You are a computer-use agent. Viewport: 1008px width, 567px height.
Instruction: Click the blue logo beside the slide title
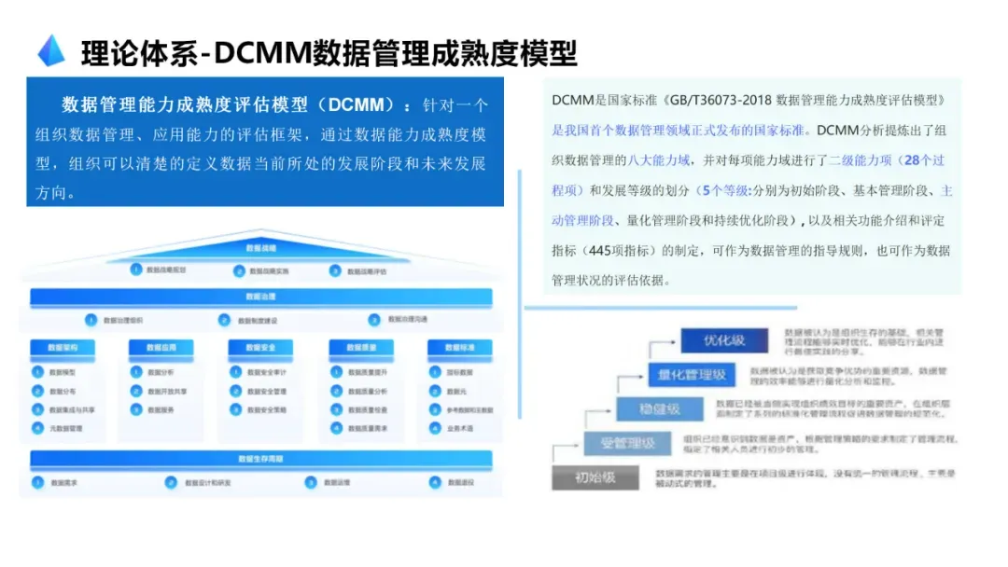point(51,50)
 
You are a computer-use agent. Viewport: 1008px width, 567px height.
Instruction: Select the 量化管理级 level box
point(693,375)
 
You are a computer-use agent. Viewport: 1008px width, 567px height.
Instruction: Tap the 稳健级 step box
point(660,408)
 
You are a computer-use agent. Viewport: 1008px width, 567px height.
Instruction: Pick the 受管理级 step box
point(626,443)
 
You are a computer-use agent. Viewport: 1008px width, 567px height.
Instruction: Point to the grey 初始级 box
point(595,477)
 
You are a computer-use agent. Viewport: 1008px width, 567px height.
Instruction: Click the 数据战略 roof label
point(261,248)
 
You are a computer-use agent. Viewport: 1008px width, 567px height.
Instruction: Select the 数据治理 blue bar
point(261,297)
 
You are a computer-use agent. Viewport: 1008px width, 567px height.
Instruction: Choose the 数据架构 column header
point(63,347)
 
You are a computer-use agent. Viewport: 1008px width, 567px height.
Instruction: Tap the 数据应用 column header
point(161,347)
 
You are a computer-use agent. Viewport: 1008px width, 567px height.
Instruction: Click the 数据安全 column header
point(261,347)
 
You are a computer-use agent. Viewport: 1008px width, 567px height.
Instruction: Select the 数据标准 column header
point(459,347)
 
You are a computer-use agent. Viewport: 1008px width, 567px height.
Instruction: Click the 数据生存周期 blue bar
point(261,458)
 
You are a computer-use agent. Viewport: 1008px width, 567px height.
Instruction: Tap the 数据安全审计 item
point(265,372)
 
